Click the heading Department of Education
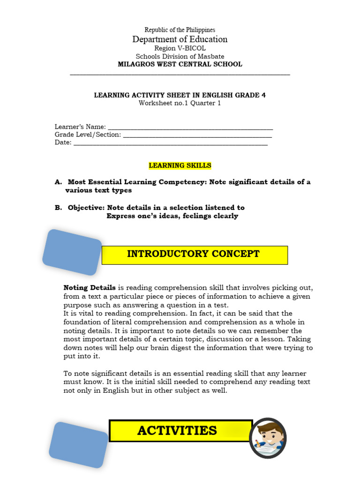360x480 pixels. [x=180, y=39]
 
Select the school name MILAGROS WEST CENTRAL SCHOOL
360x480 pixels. [x=180, y=64]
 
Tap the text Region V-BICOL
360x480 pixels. [x=180, y=48]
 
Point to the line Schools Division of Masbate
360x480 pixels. [x=180, y=56]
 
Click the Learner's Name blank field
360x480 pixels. [x=190, y=127]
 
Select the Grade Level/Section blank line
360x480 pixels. [x=197, y=135]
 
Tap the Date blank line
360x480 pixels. [x=171, y=143]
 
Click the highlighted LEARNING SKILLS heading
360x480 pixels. [x=180, y=165]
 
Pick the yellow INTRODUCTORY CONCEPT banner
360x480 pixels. [x=194, y=255]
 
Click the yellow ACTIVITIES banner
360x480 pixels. [x=180, y=431]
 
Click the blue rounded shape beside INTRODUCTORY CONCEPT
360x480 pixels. [x=72, y=252]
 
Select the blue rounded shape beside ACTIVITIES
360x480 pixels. [x=78, y=444]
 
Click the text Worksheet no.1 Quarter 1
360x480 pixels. [x=180, y=103]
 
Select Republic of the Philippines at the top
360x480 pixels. [x=180, y=30]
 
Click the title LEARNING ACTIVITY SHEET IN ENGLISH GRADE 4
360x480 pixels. [x=180, y=95]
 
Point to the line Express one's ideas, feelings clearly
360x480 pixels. [x=172, y=216]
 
